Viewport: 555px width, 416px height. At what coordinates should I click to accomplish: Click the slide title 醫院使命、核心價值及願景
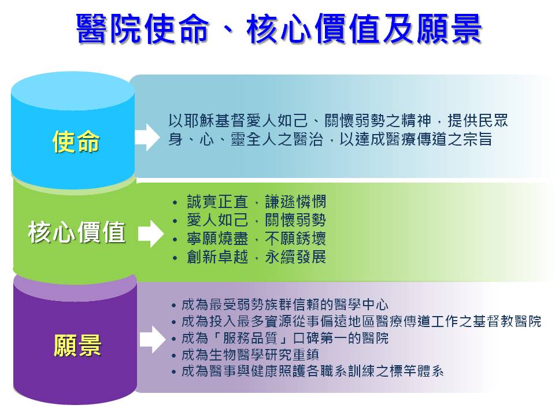[x=279, y=28]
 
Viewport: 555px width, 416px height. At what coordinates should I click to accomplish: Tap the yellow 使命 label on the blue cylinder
[x=76, y=142]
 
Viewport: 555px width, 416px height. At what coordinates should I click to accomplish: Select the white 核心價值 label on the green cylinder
[x=76, y=232]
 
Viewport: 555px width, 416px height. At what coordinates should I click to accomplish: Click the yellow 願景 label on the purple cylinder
[x=77, y=346]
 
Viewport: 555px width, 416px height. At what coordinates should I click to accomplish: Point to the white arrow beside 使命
[x=147, y=138]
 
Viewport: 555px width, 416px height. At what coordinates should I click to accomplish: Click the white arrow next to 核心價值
[x=150, y=233]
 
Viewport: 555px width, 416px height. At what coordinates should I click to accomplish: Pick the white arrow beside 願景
[x=153, y=340]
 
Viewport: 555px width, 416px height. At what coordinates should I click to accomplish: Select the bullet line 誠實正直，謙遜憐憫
[x=256, y=202]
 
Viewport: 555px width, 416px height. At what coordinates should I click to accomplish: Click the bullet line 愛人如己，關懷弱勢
[x=256, y=220]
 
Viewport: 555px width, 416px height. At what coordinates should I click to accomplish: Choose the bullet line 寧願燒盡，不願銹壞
[x=256, y=239]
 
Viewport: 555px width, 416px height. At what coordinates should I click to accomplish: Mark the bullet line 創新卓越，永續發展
[x=256, y=257]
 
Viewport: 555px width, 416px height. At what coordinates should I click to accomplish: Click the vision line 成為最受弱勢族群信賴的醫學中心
[x=285, y=304]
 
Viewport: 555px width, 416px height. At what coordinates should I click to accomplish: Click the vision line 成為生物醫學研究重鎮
[x=250, y=354]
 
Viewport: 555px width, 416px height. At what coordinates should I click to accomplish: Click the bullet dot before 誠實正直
[x=175, y=203]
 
